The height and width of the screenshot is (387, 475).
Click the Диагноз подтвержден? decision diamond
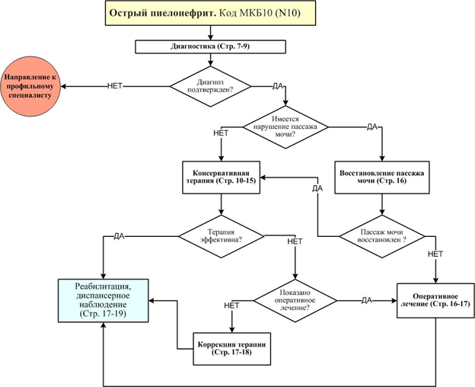point(209,86)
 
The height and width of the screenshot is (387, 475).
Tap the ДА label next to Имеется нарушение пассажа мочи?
point(372,126)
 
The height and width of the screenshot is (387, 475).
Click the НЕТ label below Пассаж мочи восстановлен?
point(435,254)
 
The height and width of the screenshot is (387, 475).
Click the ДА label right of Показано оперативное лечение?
point(366,299)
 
